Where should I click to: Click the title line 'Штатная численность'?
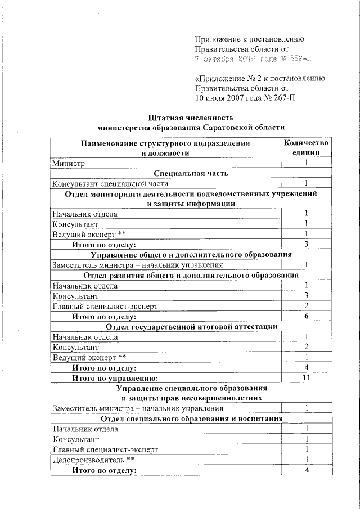click(191, 118)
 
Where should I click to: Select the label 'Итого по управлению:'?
click(115, 377)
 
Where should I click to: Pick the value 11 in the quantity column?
click(306, 377)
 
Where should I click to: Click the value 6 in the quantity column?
click(306, 316)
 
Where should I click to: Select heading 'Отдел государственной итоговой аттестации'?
click(191, 326)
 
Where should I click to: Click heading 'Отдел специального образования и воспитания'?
click(191, 418)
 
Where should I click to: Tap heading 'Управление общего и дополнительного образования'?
click(191, 254)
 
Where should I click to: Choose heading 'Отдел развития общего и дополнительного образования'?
click(191, 275)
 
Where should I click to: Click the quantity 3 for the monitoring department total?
click(306, 244)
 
